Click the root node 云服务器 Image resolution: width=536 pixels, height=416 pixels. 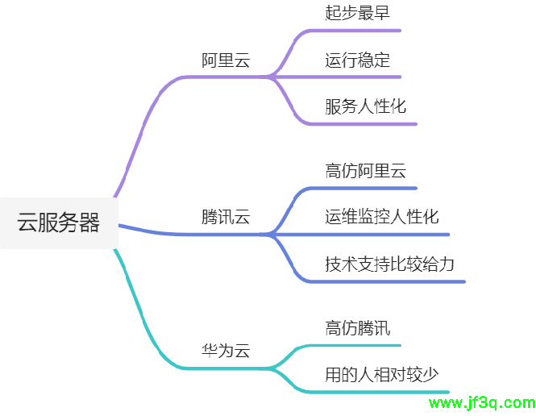59,223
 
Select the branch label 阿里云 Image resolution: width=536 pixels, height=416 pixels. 226,61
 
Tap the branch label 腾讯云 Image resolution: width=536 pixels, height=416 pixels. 226,218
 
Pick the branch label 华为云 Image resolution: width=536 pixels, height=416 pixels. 226,351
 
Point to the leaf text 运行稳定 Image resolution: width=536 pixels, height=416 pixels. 358,60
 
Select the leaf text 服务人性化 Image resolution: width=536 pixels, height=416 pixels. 366,107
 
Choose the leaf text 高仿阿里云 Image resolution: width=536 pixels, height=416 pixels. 366,171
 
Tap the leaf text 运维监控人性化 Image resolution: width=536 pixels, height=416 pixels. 382,218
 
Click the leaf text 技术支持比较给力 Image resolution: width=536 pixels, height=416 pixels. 390,264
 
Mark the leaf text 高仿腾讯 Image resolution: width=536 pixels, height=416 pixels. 358,328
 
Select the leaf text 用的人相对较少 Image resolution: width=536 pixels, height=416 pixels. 382,375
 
